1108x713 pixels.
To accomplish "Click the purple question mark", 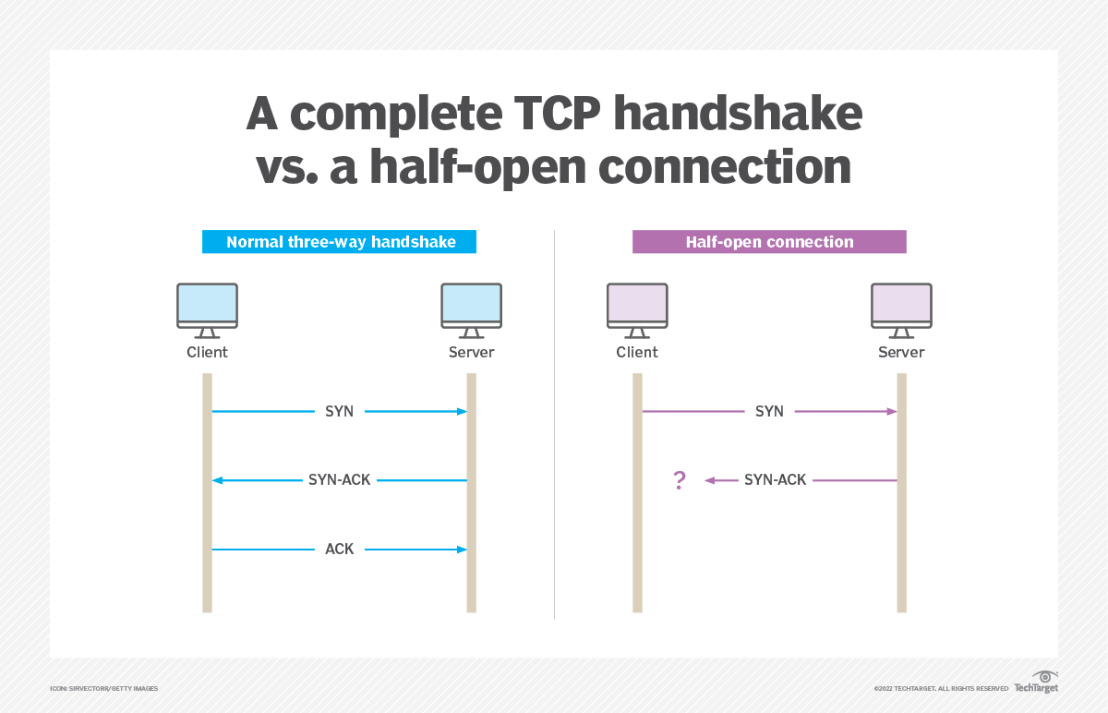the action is coord(680,480).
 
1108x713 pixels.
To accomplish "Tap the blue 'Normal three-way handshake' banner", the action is coord(340,241).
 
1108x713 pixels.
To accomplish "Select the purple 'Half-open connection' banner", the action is coord(769,241).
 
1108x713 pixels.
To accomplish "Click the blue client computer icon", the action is coord(207,310).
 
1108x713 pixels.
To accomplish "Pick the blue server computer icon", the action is coord(472,310).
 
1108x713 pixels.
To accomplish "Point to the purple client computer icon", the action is coord(637,310).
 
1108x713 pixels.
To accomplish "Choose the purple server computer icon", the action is coord(901,310).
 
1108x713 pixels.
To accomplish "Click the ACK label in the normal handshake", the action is coord(340,549).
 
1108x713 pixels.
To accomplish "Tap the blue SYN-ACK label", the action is coord(340,479).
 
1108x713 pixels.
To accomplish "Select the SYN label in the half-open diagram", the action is coord(769,411).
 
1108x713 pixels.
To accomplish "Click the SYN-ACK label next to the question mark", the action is coord(775,479).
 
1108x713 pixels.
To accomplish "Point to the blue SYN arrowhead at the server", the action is coord(462,411).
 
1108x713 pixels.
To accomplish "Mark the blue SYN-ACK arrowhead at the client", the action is coord(217,480).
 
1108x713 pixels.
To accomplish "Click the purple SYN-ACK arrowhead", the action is coord(709,480).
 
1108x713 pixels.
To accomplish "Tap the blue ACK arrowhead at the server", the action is coord(462,550).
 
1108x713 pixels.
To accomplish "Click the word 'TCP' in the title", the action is coord(557,114).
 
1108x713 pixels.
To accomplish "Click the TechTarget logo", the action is coord(1036,683).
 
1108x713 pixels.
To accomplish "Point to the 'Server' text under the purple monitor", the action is coord(901,352).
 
